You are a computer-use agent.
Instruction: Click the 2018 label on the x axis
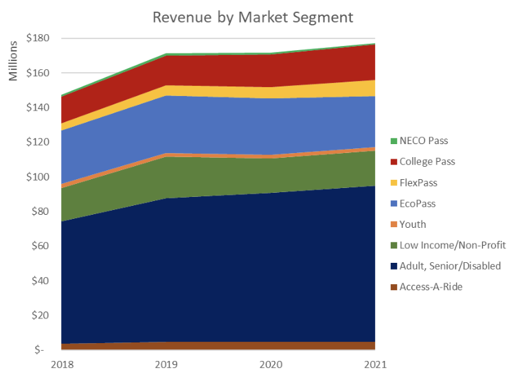tap(60, 364)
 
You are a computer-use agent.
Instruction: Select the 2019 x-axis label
tap(166, 364)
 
